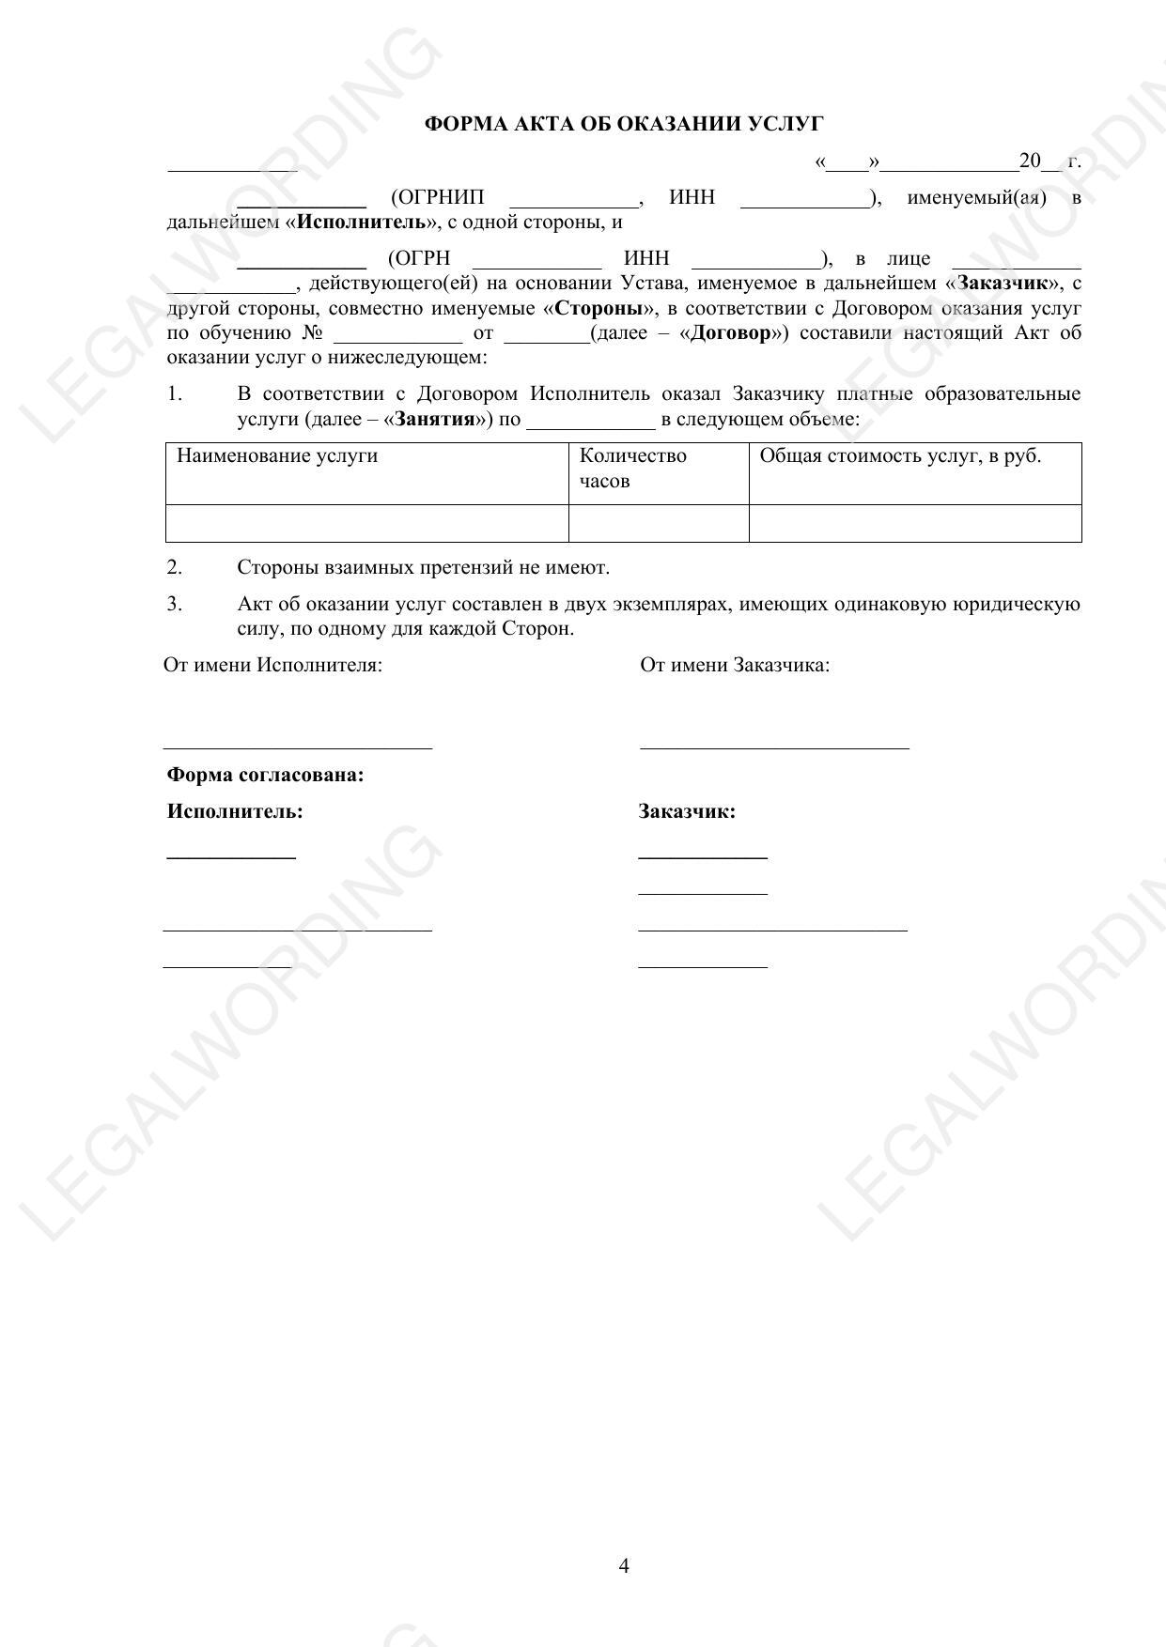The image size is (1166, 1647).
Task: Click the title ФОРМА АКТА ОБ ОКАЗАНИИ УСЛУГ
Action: tap(624, 124)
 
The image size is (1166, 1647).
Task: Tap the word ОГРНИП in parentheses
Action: tap(438, 198)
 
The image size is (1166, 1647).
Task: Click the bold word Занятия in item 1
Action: tap(435, 419)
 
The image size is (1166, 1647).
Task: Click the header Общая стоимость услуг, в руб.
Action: tap(900, 456)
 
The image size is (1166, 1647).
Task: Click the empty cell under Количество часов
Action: tap(658, 524)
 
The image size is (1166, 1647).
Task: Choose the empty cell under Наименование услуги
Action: tap(366, 524)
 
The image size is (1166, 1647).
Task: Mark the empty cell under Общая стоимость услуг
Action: tap(914, 524)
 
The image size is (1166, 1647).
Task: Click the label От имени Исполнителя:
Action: tap(273, 666)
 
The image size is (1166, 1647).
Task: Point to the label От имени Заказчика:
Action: tap(735, 666)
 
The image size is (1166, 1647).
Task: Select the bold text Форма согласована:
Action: tap(265, 776)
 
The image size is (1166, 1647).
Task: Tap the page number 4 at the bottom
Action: tap(624, 1565)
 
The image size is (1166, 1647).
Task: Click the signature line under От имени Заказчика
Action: tap(774, 747)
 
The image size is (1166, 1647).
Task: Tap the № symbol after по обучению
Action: tap(313, 333)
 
